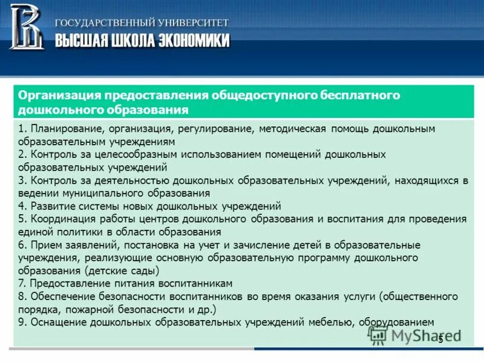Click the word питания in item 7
(123, 283)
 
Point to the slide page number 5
(440, 338)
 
